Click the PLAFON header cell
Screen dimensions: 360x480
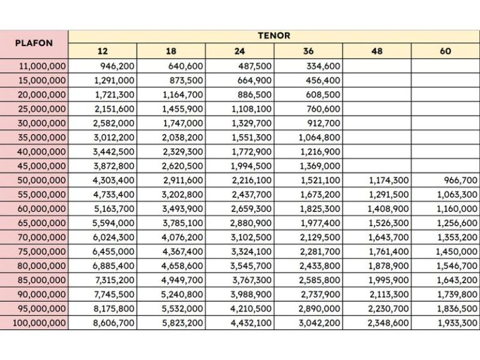point(34,44)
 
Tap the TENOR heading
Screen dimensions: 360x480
point(274,36)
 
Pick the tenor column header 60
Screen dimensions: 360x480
point(445,51)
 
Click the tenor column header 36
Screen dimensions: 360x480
point(308,51)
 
